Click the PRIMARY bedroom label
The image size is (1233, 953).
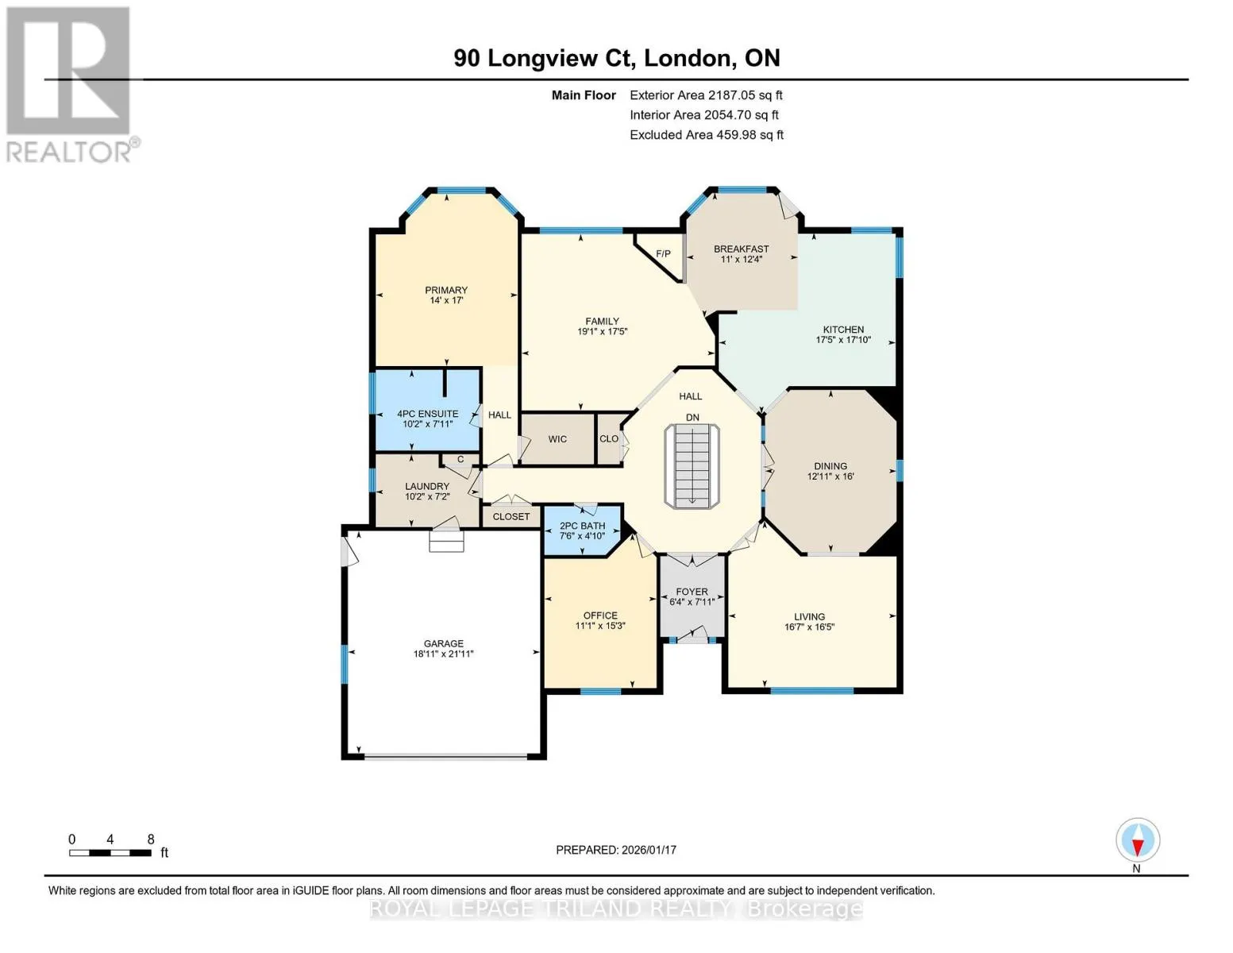coord(446,290)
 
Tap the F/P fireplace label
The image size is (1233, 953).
coord(663,253)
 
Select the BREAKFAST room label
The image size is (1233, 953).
coord(741,249)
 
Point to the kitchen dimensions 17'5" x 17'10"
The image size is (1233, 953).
coord(843,340)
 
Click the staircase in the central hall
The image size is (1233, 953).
coord(692,465)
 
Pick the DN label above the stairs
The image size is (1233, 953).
coord(692,417)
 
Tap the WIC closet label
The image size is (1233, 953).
coord(557,439)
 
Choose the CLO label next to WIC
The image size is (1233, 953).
coord(609,438)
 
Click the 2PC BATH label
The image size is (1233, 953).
coord(582,526)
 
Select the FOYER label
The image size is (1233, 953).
coord(692,592)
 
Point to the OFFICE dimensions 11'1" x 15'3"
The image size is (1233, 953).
coord(599,626)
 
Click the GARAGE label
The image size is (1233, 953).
coord(443,643)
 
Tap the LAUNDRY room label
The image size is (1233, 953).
coord(426,487)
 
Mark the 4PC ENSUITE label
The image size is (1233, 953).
coord(427,414)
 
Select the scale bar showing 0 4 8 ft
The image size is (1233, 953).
coord(118,847)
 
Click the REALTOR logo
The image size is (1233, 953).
coord(71,84)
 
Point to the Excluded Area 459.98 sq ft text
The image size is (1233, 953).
coord(707,135)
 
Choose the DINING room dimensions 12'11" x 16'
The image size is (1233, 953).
coord(830,476)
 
